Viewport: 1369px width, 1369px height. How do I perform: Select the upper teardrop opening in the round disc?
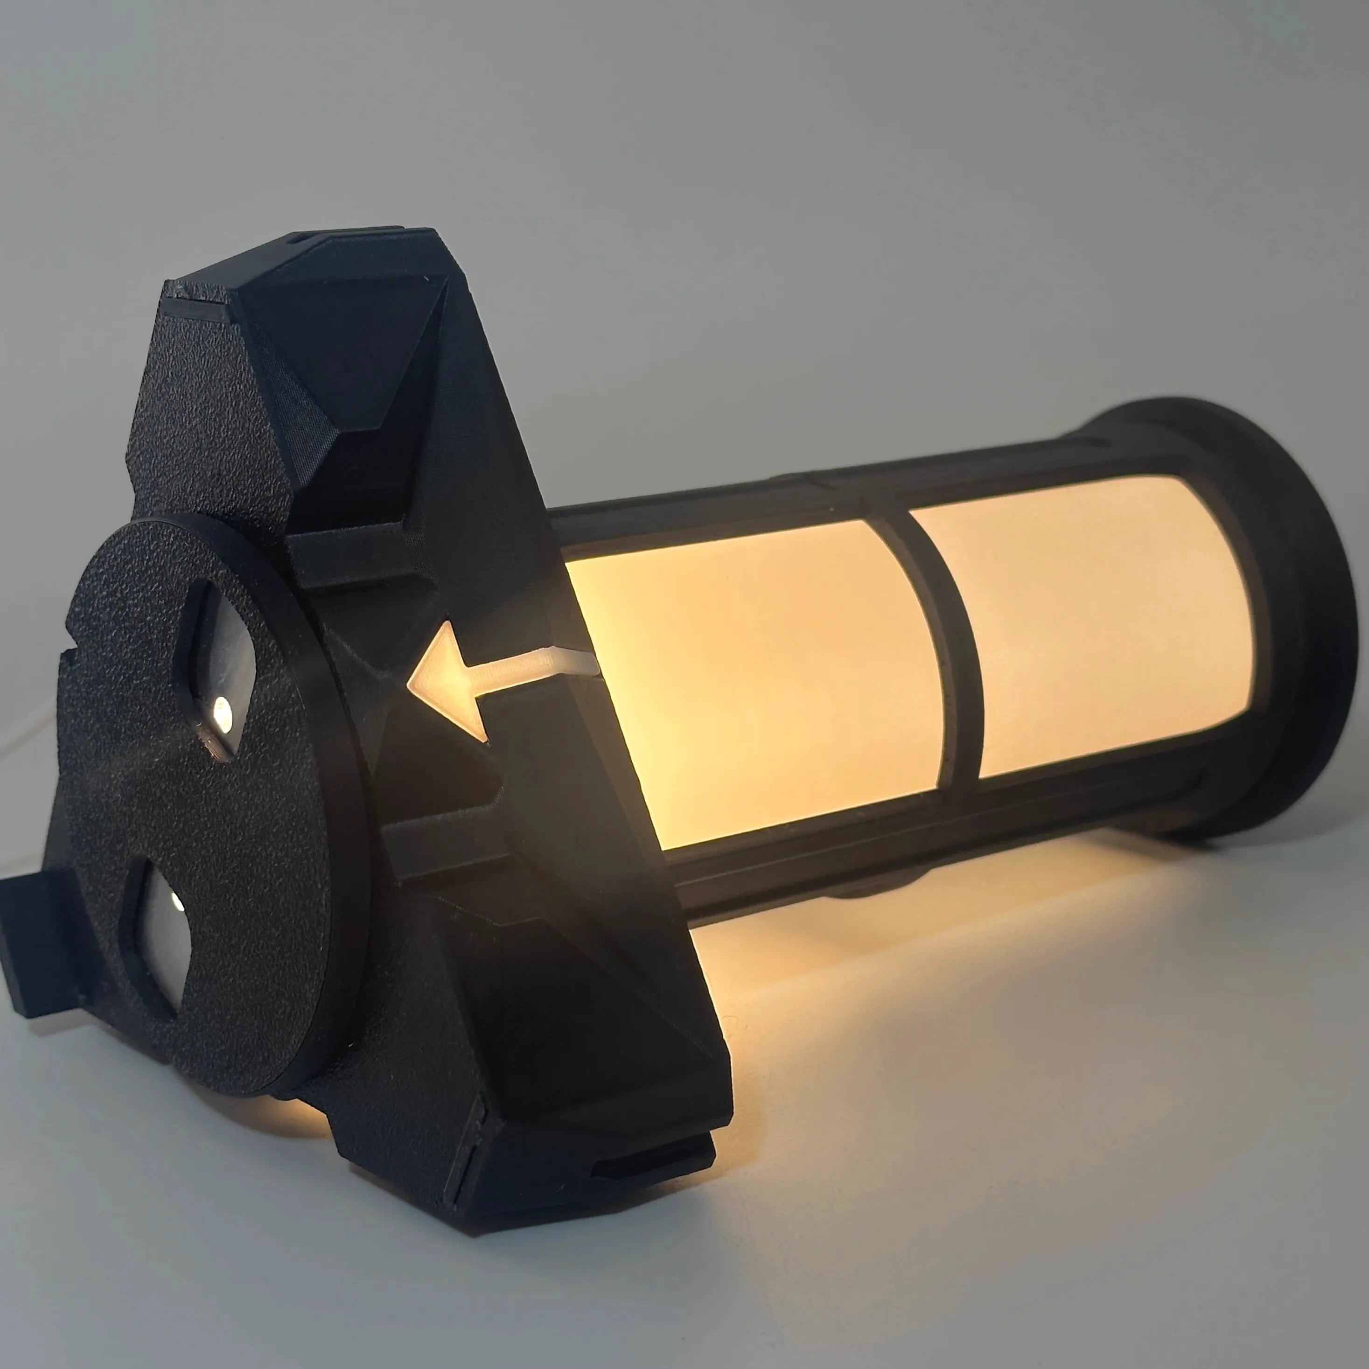[220, 677]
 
